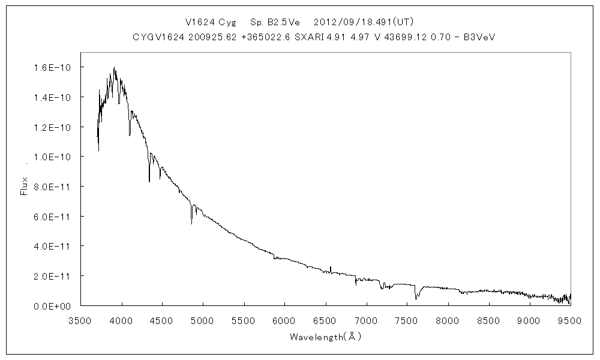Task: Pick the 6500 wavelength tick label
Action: (x=326, y=320)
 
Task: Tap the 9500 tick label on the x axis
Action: (x=570, y=320)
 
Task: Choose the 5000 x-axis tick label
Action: (x=203, y=320)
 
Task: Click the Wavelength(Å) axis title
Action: (x=325, y=337)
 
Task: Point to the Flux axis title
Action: (x=25, y=186)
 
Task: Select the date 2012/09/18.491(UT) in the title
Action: (x=364, y=22)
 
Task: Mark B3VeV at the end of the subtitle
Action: (x=480, y=37)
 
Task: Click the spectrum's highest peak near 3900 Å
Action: (x=114, y=68)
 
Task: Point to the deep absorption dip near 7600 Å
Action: (x=415, y=296)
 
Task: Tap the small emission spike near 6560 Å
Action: (x=331, y=268)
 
